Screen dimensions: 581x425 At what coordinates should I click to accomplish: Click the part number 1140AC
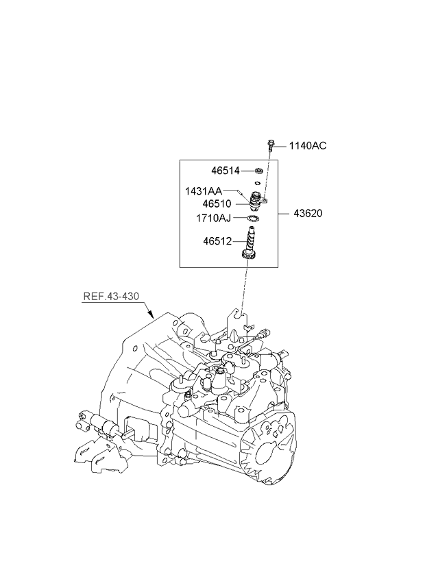pyautogui.click(x=308, y=145)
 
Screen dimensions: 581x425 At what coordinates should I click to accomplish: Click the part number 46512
pyautogui.click(x=218, y=241)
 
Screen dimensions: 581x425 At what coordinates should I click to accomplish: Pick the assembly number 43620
pyautogui.click(x=306, y=213)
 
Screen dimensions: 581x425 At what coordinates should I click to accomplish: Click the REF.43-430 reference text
pyautogui.click(x=111, y=297)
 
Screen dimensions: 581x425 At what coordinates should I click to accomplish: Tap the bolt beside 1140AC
pyautogui.click(x=271, y=145)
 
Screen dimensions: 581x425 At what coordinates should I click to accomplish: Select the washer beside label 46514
pyautogui.click(x=259, y=171)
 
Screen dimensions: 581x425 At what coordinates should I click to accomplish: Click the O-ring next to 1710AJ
pyautogui.click(x=254, y=219)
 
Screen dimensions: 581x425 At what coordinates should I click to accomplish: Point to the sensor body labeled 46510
pyautogui.click(x=256, y=201)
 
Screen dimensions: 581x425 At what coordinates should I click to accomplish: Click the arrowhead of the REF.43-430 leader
pyautogui.click(x=153, y=317)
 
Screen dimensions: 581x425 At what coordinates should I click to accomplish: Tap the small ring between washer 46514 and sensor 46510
pyautogui.click(x=256, y=184)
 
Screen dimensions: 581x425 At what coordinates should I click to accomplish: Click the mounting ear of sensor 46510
pyautogui.click(x=265, y=200)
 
